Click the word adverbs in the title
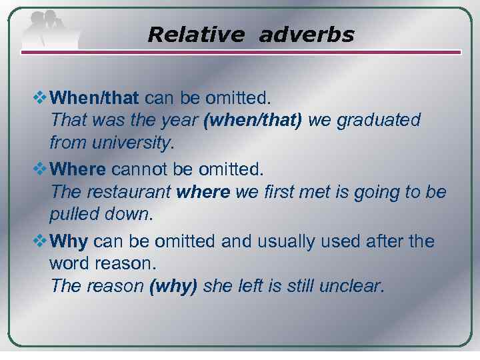[x=306, y=35]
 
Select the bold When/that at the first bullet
[x=94, y=99]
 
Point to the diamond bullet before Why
[x=41, y=241]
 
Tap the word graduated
[x=379, y=121]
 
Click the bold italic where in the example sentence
[x=203, y=193]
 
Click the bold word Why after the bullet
[x=69, y=241]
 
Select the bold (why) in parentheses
[x=173, y=286]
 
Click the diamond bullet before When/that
[x=41, y=99]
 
